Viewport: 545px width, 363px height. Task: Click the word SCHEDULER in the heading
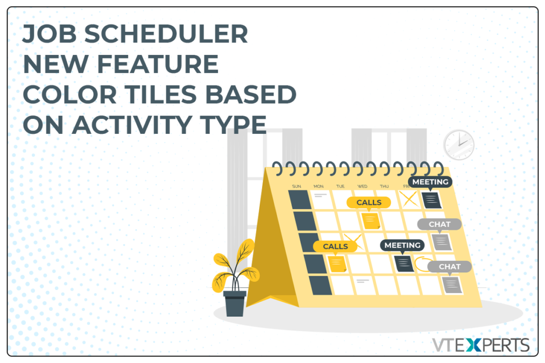coord(166,34)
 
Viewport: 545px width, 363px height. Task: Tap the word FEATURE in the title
coord(158,64)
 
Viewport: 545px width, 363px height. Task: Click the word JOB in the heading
coord(49,34)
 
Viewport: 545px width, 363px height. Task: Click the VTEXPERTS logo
coord(480,345)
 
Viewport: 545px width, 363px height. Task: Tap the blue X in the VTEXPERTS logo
coord(474,345)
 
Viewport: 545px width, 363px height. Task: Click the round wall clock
coord(459,145)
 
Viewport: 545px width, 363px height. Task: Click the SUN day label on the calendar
coord(296,186)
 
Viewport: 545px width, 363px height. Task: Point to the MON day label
coord(318,186)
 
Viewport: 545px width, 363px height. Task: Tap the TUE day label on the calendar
coord(340,186)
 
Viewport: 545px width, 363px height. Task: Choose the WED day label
coord(362,186)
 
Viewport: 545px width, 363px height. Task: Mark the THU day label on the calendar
coord(384,186)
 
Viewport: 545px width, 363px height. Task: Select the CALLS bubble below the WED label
coord(369,203)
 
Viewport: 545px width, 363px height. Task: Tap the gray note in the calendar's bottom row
coord(451,285)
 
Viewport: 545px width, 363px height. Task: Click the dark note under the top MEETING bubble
coord(431,200)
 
